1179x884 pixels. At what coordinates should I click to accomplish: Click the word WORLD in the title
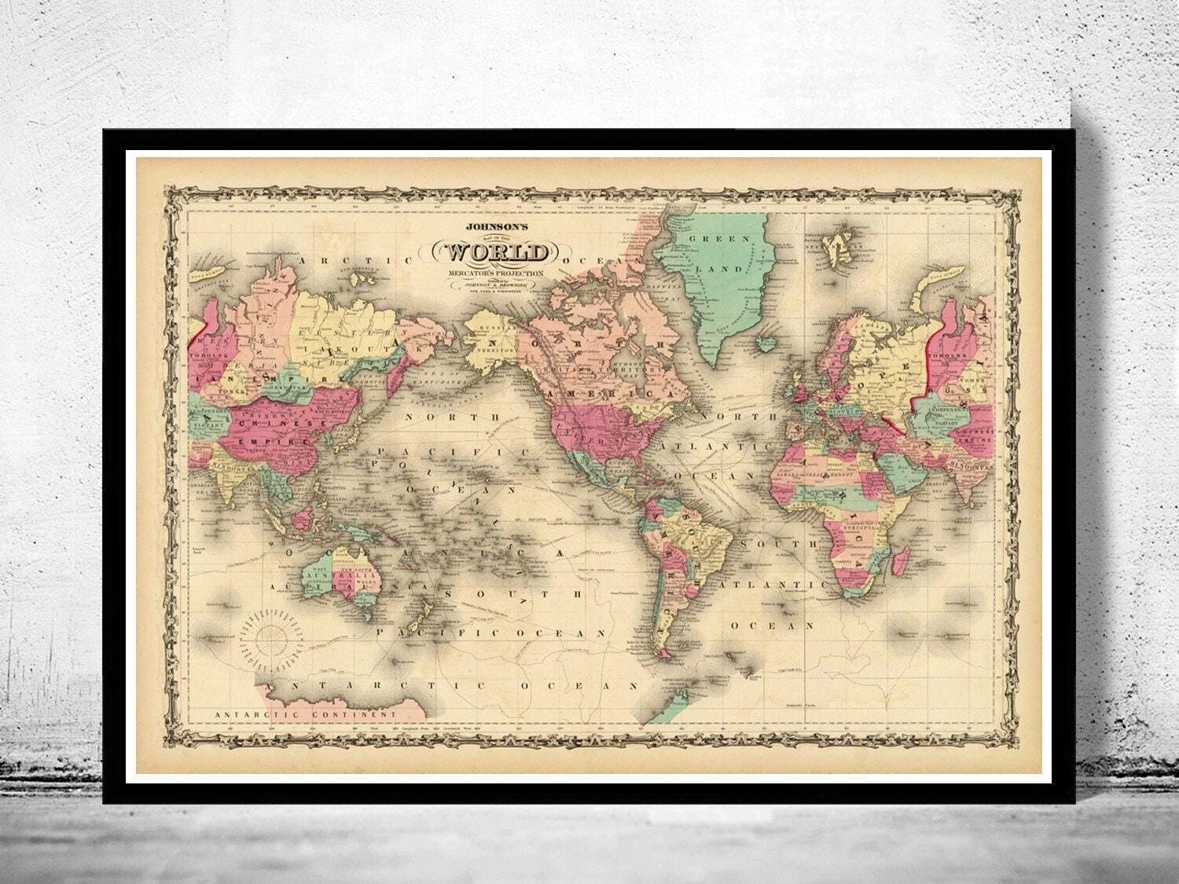point(498,252)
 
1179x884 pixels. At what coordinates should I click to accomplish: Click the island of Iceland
point(767,343)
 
